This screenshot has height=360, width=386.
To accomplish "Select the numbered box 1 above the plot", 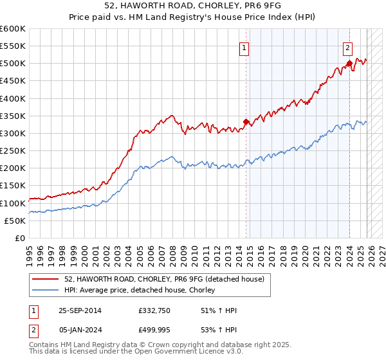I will pyautogui.click(x=245, y=47).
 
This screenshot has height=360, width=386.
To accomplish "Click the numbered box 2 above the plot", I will pyautogui.click(x=347, y=47).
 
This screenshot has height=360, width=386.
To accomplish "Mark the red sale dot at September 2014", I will pyautogui.click(x=246, y=122).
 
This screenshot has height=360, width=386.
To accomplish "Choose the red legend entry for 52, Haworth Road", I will pyautogui.click(x=163, y=279).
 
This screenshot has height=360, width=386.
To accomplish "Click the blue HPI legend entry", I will pyautogui.click(x=139, y=291).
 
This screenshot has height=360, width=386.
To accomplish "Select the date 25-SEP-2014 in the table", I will pyautogui.click(x=80, y=310).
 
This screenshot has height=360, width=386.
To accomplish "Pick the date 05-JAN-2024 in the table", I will pyautogui.click(x=80, y=329).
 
